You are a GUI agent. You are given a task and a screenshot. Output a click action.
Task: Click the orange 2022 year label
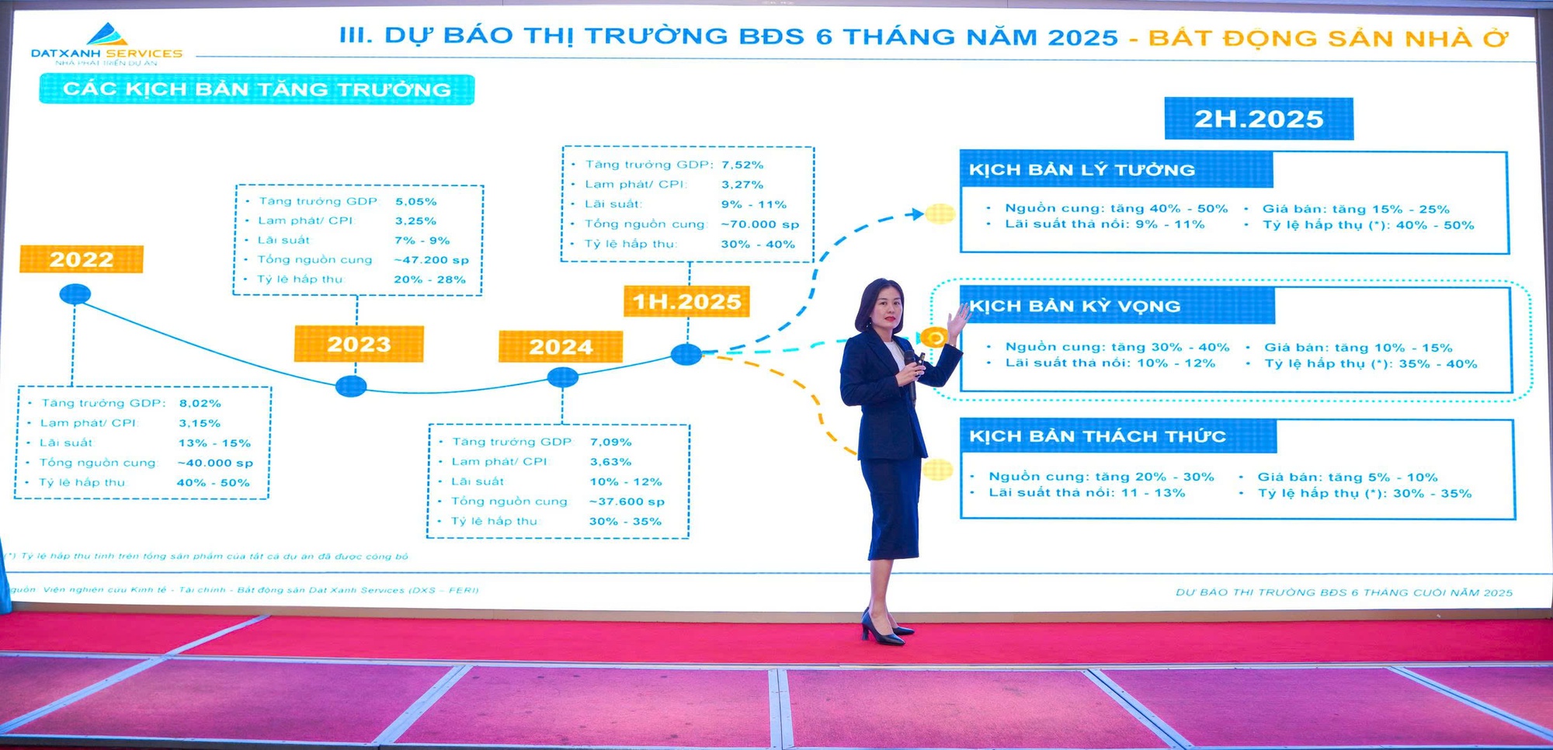point(82,259)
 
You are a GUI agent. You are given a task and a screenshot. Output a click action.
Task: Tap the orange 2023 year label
point(359,344)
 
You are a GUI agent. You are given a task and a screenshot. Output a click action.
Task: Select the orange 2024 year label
point(561,346)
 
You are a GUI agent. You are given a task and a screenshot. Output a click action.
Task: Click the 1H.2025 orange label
point(686,301)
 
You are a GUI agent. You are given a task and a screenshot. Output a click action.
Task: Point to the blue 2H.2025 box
point(1259,119)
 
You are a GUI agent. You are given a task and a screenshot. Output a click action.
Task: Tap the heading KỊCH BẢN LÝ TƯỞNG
point(1082,170)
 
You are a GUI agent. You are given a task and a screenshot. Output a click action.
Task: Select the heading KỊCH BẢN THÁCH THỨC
point(1097,436)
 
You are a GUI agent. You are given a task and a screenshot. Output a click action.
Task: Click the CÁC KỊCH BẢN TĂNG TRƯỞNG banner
point(257,89)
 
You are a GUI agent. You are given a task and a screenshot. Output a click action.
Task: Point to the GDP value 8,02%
point(200,404)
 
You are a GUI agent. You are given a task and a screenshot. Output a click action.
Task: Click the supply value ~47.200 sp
point(431,260)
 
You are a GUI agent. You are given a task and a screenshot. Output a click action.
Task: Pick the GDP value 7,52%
point(742,165)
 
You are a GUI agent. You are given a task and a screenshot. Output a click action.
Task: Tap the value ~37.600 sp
point(627,502)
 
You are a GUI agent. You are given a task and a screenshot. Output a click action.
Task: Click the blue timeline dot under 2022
point(75,294)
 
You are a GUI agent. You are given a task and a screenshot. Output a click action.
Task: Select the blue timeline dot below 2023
point(351,386)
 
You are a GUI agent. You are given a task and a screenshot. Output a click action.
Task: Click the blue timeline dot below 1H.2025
point(686,355)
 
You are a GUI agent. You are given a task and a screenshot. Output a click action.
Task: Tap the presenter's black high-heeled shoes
point(884,629)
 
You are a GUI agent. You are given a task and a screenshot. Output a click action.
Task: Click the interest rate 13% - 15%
point(214,443)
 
